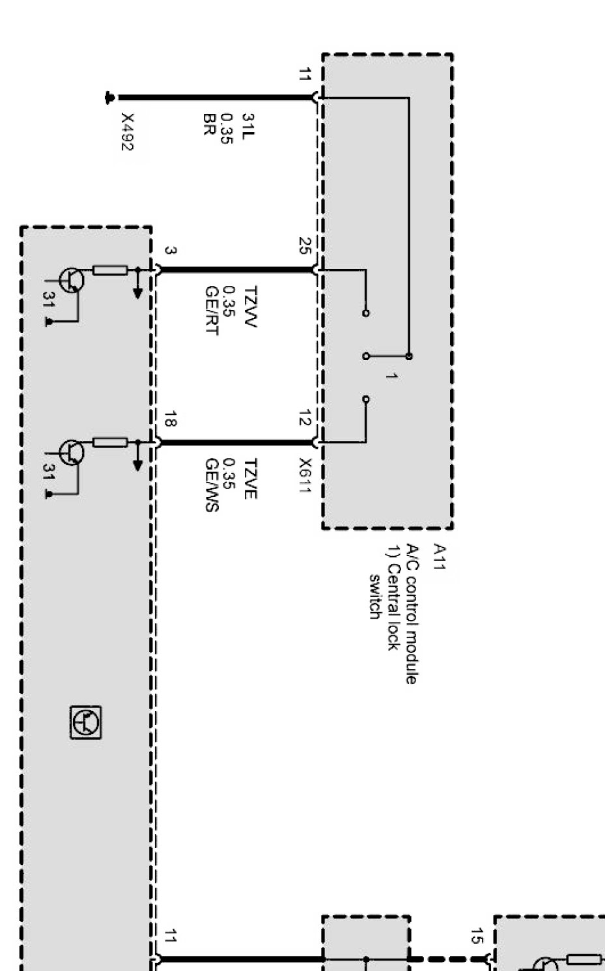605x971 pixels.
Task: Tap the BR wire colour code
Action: (209, 123)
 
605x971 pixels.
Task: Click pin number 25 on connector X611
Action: (304, 246)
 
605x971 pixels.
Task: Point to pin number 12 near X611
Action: (304, 419)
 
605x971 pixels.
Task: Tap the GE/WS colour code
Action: (211, 485)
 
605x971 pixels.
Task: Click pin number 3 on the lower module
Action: (169, 251)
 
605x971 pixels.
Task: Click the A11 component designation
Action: (440, 557)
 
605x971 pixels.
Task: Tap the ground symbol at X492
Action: (109, 98)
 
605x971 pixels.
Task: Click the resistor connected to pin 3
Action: (109, 270)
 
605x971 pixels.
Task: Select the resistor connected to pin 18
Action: (109, 443)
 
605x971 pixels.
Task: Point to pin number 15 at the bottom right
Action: (477, 936)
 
